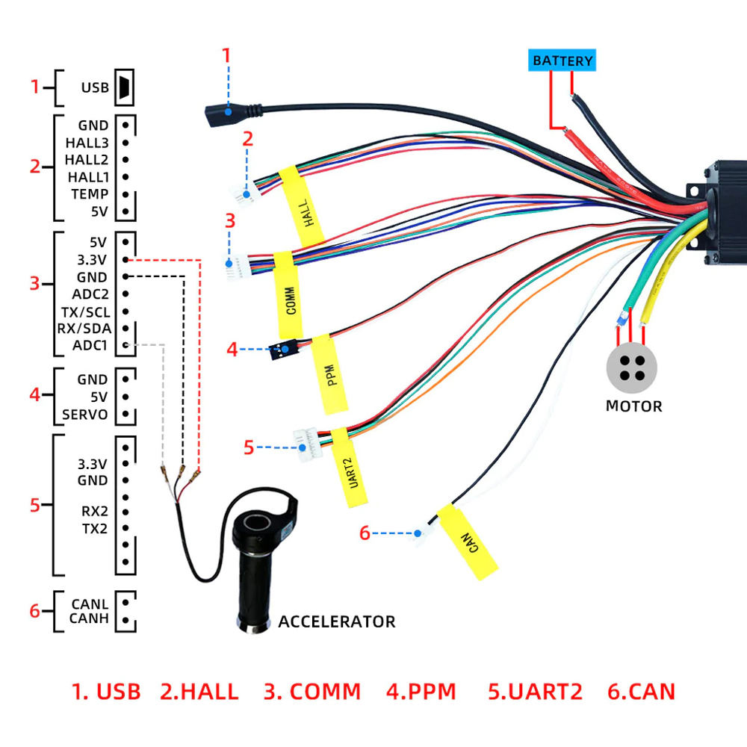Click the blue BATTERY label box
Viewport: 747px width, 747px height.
(x=562, y=61)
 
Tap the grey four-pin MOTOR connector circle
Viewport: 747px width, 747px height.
(x=633, y=369)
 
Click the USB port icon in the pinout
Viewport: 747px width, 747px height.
(x=124, y=87)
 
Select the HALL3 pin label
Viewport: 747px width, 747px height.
(x=87, y=142)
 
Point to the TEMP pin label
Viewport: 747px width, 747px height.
(x=90, y=194)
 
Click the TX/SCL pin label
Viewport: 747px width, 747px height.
(x=85, y=311)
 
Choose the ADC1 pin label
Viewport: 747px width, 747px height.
(x=90, y=345)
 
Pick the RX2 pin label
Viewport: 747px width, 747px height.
(x=94, y=512)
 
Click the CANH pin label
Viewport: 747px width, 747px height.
(x=89, y=619)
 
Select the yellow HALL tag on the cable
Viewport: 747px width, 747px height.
(x=301, y=206)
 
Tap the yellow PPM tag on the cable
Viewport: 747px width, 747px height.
(x=332, y=373)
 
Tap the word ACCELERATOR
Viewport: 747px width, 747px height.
(x=336, y=622)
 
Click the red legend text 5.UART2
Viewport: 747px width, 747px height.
(x=535, y=691)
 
